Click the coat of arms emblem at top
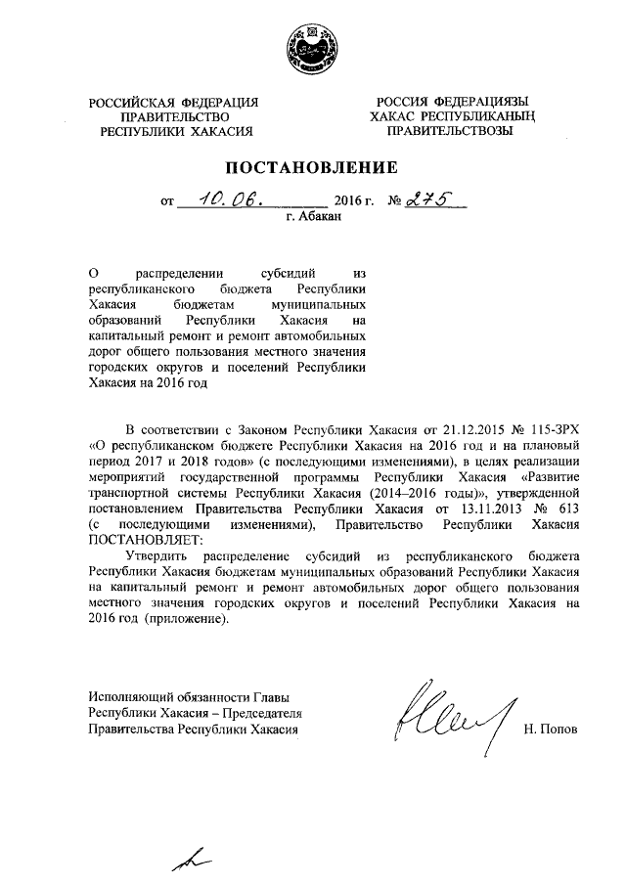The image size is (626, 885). click(x=311, y=49)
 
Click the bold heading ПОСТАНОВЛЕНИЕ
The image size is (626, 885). click(x=312, y=165)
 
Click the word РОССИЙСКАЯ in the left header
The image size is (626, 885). click(x=131, y=103)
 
